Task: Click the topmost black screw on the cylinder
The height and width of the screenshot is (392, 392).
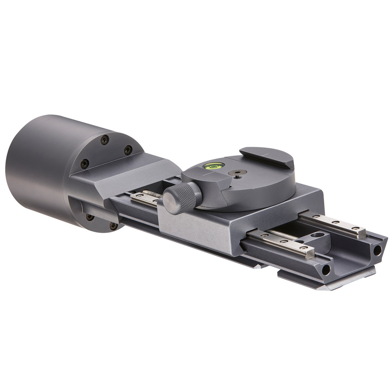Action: (104, 139)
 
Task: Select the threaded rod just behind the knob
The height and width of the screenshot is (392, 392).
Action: (152, 193)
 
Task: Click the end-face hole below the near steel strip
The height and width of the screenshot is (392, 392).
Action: (325, 269)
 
